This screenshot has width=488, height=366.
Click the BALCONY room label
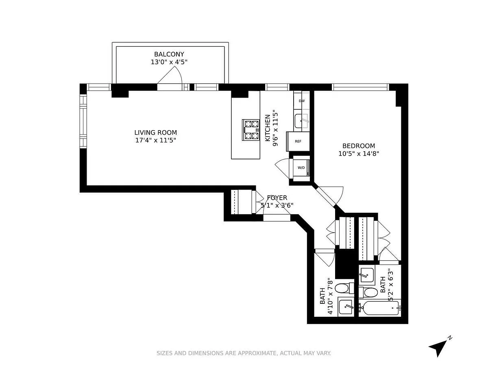point(169,54)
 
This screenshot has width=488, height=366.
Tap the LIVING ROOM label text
point(156,133)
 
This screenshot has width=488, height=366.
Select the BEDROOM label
point(359,146)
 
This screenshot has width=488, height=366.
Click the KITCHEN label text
point(268,128)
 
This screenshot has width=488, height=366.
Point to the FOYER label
point(277,198)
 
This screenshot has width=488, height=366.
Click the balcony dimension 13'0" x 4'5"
point(169,62)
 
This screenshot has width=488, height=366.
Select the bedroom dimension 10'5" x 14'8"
point(359,154)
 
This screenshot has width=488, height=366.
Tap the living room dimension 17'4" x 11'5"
point(156,140)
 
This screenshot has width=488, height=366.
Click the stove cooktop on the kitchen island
point(251,130)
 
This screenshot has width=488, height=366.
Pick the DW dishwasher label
point(302,101)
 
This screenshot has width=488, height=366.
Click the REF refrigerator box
point(298,142)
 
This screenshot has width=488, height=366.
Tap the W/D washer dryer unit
point(301,168)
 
